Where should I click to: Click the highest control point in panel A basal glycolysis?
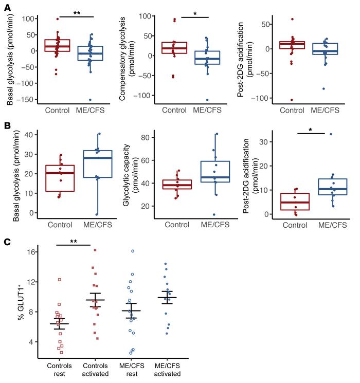57,19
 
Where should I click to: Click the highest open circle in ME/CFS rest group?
133,251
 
